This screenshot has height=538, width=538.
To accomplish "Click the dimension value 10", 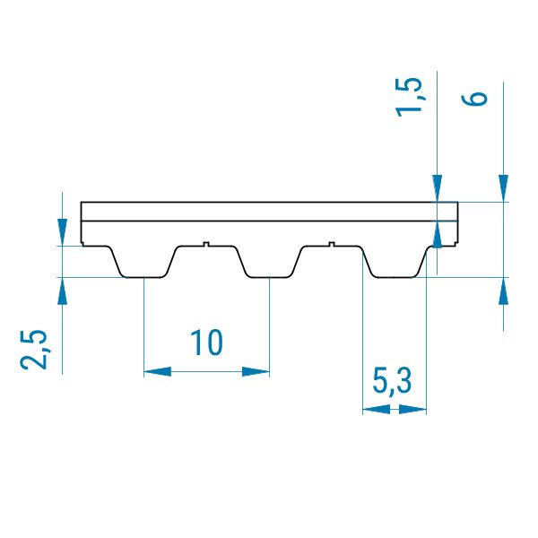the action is (206, 343).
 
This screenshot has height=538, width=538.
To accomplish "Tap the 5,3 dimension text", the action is (392, 382).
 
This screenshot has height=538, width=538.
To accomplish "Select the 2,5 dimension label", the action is (33, 350).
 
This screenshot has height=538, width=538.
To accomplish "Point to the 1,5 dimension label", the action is (408, 98).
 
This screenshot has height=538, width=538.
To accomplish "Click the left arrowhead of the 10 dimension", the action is (158, 371).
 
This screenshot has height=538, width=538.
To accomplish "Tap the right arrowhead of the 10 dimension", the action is (256, 371).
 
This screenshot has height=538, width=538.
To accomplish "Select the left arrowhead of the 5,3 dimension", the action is (377, 409).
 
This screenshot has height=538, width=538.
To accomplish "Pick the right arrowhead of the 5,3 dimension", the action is (412, 409).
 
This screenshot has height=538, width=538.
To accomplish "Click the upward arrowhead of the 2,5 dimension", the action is (62, 291).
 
